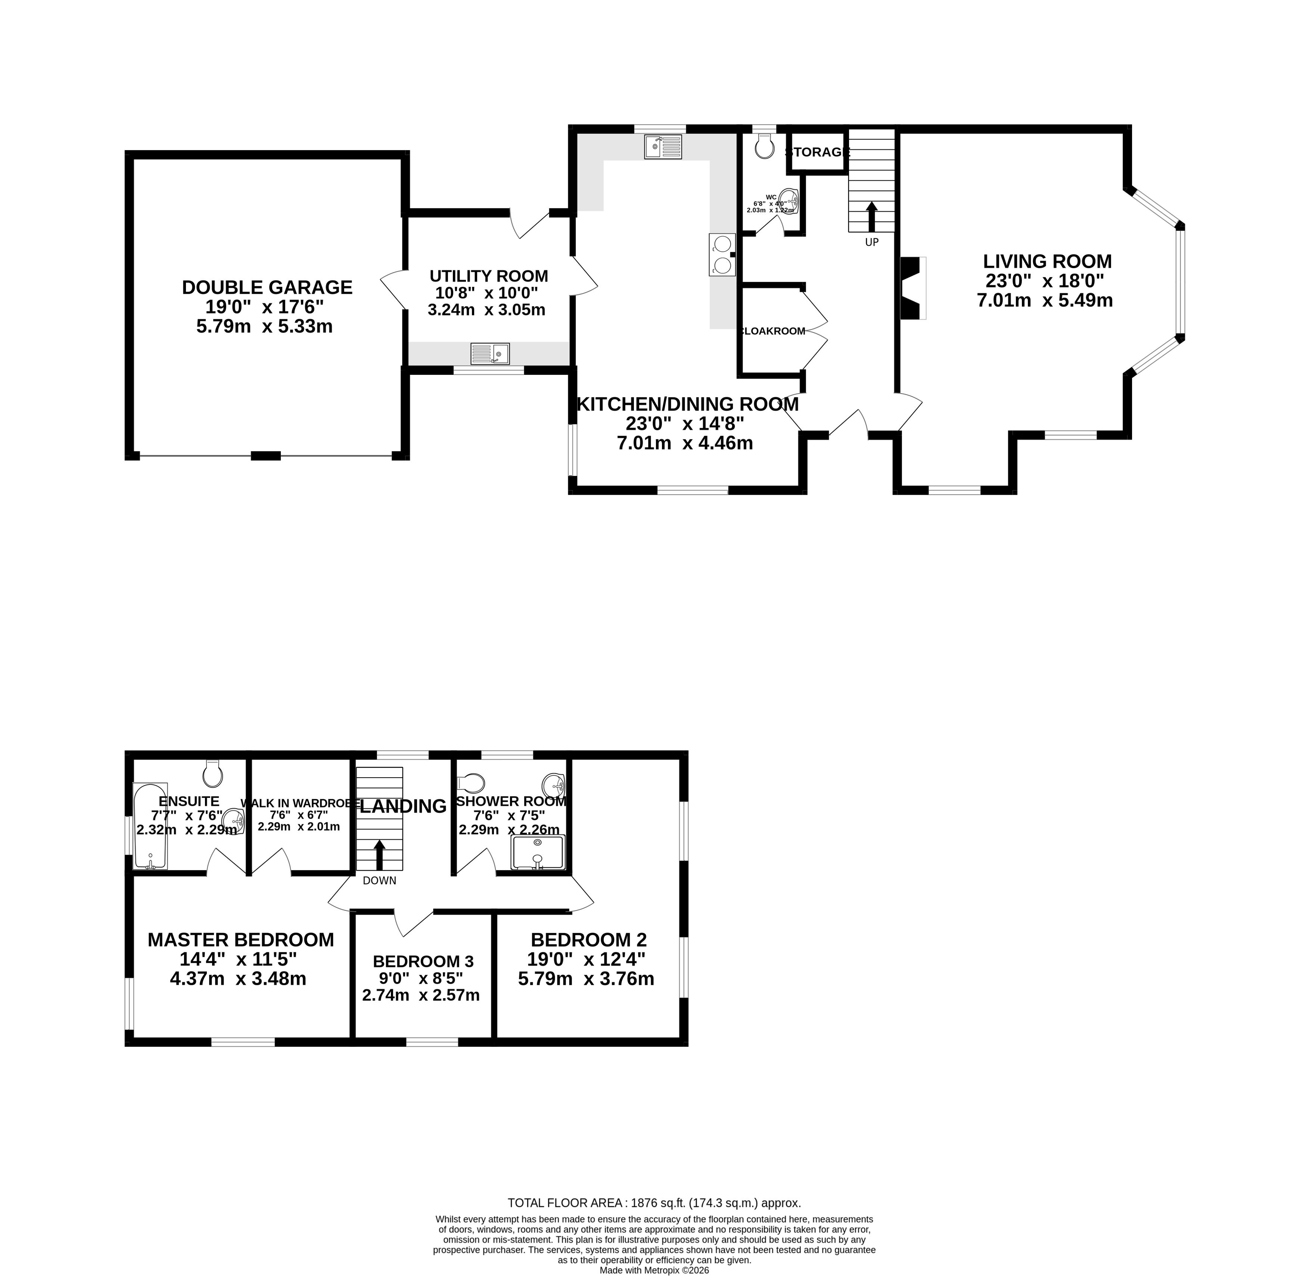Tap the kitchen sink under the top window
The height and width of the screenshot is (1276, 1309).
click(662, 147)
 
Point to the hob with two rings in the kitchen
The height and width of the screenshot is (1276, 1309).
click(722, 255)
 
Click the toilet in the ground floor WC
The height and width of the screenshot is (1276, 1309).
click(764, 146)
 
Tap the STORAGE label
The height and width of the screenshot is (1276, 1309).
click(817, 152)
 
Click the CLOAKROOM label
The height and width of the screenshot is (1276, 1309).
click(773, 331)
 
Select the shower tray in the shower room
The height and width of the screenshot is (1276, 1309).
click(538, 852)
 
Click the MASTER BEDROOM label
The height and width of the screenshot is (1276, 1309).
click(240, 940)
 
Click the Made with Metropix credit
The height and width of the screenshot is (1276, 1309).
click(654, 1270)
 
